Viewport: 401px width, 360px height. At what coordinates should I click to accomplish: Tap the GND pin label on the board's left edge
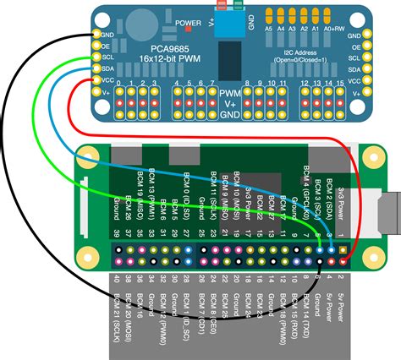click(107, 36)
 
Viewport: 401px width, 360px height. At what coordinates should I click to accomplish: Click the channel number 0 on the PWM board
click(119, 84)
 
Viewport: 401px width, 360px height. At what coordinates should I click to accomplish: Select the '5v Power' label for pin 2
click(341, 305)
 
